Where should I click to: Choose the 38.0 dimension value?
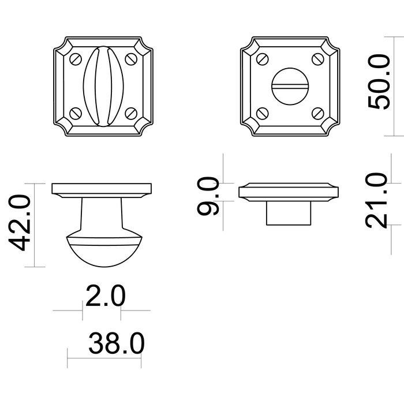pyautogui.click(x=115, y=345)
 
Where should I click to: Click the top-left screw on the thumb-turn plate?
pyautogui.click(x=74, y=58)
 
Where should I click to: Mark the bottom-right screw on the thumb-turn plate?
pyautogui.click(x=130, y=113)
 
